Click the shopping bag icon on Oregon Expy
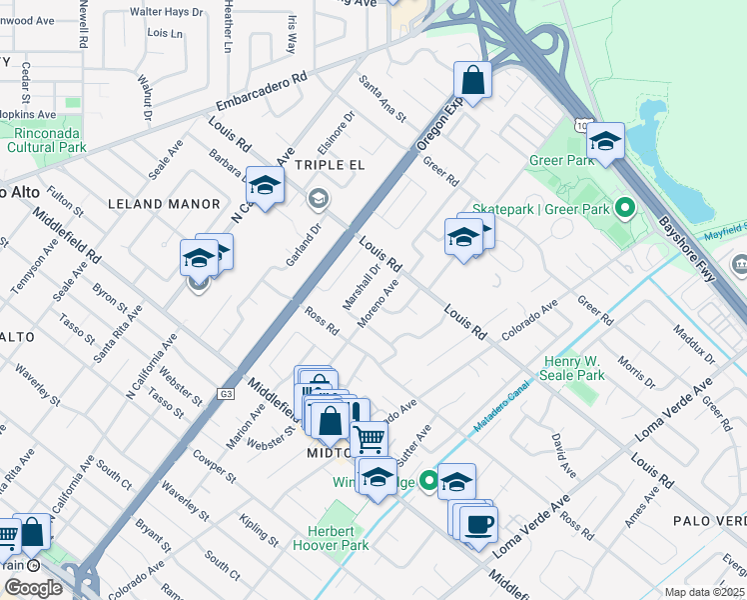[x=472, y=81]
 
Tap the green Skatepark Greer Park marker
[x=625, y=209]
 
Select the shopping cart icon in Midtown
[x=370, y=437]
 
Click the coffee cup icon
[x=478, y=523]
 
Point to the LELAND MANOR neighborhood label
[x=163, y=204]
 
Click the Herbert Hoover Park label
[x=331, y=538]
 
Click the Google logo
[x=33, y=587]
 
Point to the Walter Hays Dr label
[x=167, y=12]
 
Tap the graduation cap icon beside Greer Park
[x=605, y=141]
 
